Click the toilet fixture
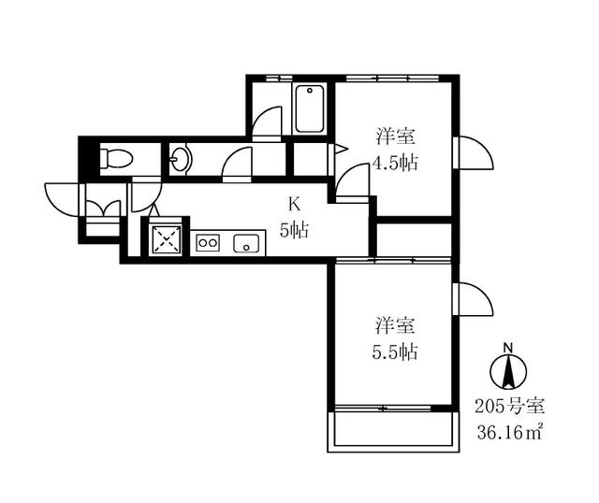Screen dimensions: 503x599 pyautogui.click(x=116, y=158)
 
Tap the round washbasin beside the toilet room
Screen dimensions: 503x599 pyautogui.click(x=180, y=160)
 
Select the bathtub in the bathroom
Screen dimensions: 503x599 pyautogui.click(x=309, y=110)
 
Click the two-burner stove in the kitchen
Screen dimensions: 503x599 pyautogui.click(x=208, y=243)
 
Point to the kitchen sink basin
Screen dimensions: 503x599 pyautogui.click(x=247, y=243)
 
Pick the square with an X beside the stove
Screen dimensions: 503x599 pyautogui.click(x=167, y=239)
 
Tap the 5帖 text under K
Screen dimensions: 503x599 pyautogui.click(x=293, y=229)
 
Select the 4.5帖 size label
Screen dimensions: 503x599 pyautogui.click(x=394, y=163)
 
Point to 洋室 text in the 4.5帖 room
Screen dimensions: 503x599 pyautogui.click(x=394, y=137)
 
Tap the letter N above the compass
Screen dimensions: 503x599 pyautogui.click(x=509, y=349)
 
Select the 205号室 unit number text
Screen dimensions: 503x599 pyautogui.click(x=507, y=408)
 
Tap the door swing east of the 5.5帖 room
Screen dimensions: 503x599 pyautogui.click(x=474, y=299)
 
